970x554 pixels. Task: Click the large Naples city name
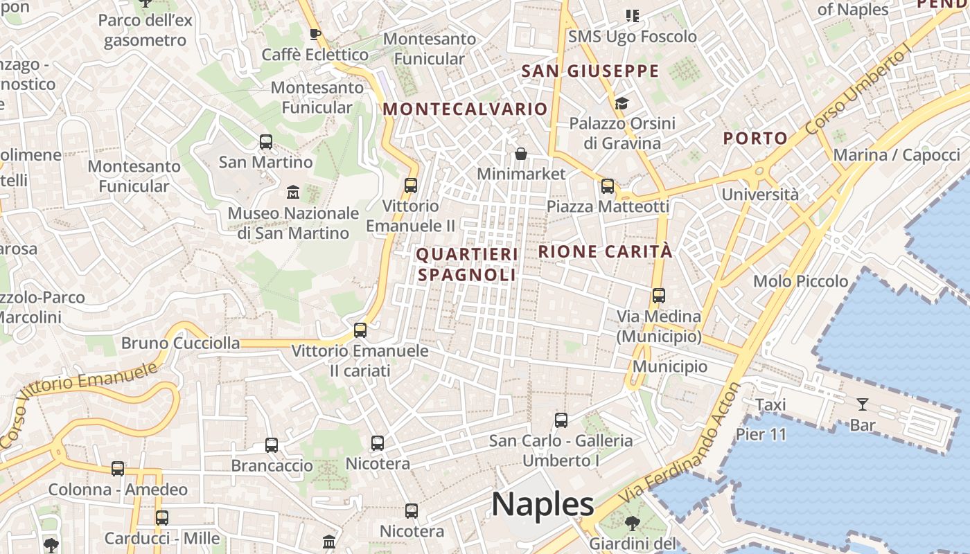click(x=543, y=504)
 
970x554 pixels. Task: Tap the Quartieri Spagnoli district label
click(x=467, y=265)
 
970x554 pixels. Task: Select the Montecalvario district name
click(x=465, y=109)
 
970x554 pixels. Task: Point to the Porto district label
click(x=755, y=138)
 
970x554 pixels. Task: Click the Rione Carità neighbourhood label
click(x=605, y=251)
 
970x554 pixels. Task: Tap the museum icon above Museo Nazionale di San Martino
click(x=293, y=191)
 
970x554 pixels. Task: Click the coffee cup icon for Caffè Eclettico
click(x=315, y=34)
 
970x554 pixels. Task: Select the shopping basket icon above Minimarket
click(x=521, y=154)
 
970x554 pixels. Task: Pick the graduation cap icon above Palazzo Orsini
click(x=621, y=104)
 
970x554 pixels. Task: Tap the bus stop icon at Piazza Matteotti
click(x=608, y=186)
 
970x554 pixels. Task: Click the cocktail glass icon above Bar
click(x=863, y=404)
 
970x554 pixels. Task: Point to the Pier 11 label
click(x=761, y=435)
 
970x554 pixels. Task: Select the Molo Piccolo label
click(x=800, y=281)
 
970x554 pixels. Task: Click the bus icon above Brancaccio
click(x=272, y=445)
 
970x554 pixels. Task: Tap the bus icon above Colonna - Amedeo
click(x=118, y=469)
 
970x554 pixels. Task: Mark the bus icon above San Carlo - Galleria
click(x=561, y=420)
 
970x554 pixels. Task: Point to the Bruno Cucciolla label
click(x=180, y=343)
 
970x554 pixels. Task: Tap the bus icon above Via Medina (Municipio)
click(x=658, y=296)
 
